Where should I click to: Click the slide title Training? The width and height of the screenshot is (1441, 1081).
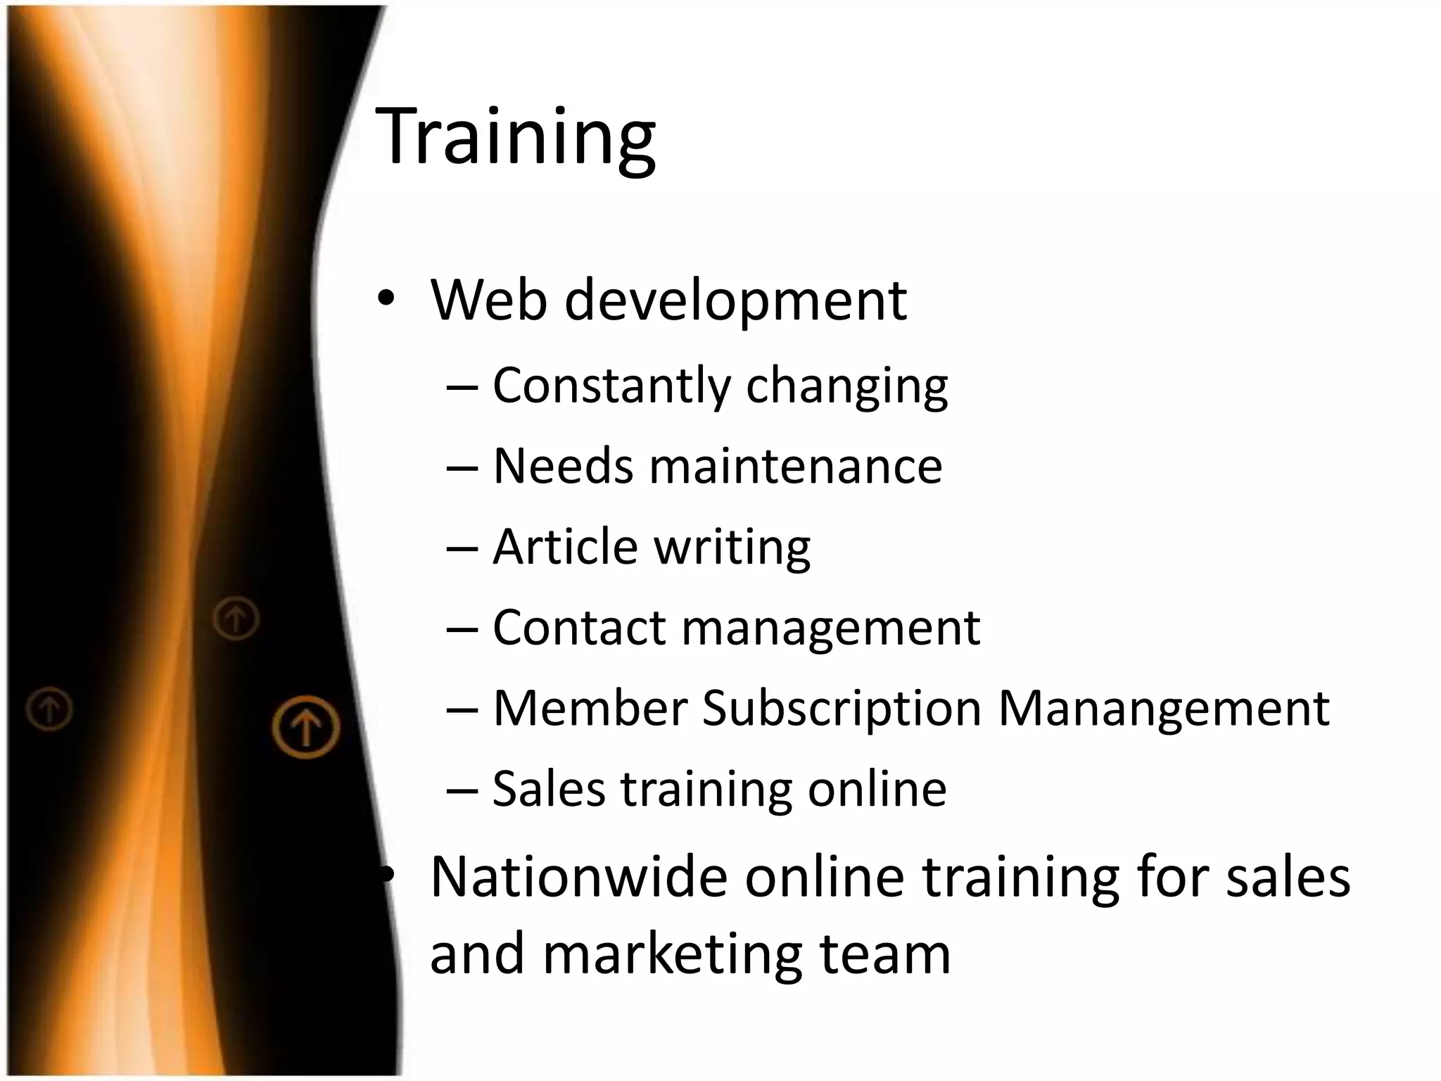click(516, 137)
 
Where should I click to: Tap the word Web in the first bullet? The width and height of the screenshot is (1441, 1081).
click(489, 301)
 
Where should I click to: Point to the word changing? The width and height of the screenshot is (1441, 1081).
click(846, 387)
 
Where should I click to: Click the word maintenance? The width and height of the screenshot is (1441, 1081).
click(795, 466)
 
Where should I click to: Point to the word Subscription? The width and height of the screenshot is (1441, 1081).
click(842, 709)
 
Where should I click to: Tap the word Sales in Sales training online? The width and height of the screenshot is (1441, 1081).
click(548, 788)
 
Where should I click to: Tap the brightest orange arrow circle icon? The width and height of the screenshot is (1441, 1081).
click(306, 726)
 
